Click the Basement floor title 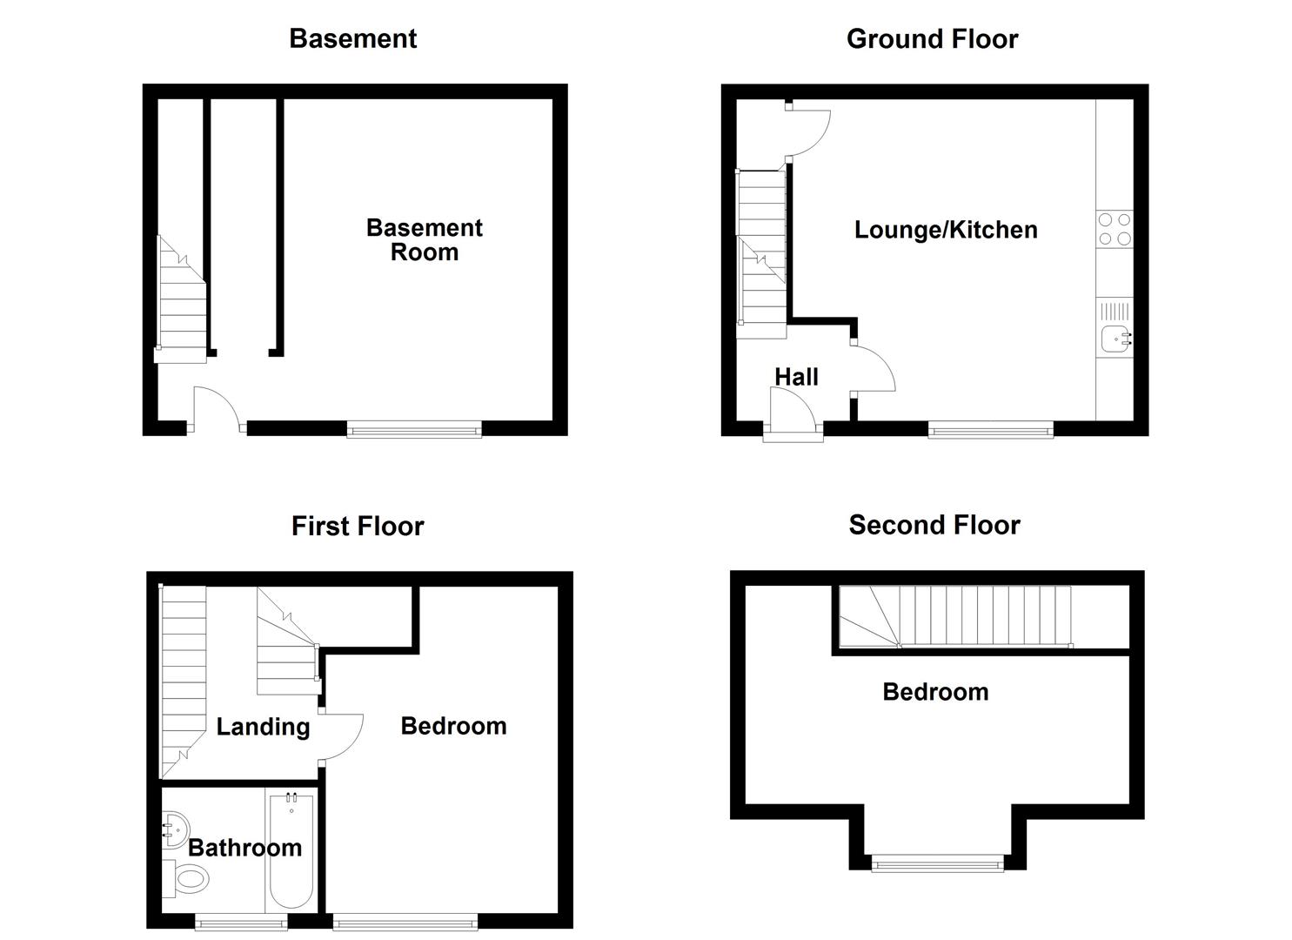coord(352,38)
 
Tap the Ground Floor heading coord(932,38)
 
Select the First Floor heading coord(357,526)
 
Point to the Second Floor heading coord(934,525)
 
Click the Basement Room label coord(424,239)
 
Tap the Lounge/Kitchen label coord(946,230)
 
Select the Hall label coord(796,377)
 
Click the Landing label coord(263,727)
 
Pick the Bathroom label coord(244,848)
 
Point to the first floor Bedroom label coord(453,726)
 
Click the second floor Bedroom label coord(935,692)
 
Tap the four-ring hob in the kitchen coord(1115,229)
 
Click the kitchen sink coord(1115,338)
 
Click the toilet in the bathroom coord(186,879)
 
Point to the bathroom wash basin coord(174,829)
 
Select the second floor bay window coord(938,864)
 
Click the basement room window coord(414,429)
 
